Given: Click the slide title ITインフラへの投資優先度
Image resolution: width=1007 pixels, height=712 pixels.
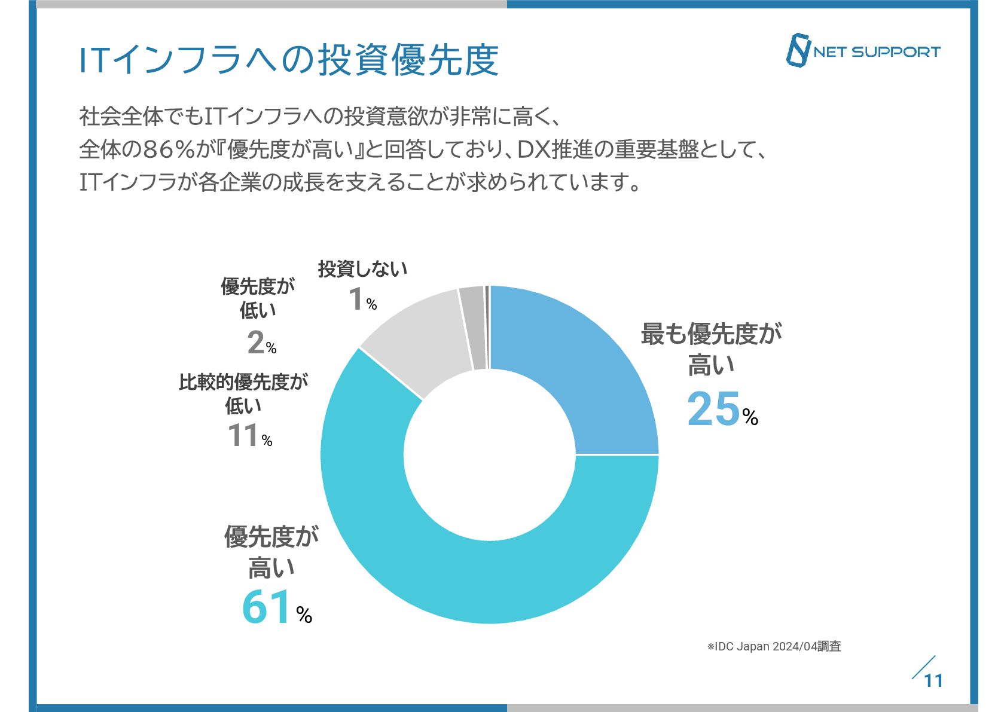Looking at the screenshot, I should coord(289,60).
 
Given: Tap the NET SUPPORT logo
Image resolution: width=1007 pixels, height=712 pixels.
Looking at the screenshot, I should coord(862,51).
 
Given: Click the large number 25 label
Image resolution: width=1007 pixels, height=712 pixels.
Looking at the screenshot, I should coord(714,410).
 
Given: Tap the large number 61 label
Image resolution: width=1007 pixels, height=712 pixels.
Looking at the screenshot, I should coord(267,607).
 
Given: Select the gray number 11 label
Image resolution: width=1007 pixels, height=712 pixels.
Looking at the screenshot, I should coord(243,435).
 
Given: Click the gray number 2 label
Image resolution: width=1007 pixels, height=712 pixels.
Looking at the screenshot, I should coord(255,343).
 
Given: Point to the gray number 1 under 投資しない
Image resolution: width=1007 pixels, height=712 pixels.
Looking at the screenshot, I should coord(356,299).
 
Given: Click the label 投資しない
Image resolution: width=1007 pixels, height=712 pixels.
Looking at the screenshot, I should coord(362,269).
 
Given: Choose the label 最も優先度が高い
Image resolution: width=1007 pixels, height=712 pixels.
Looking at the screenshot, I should coord(711,349).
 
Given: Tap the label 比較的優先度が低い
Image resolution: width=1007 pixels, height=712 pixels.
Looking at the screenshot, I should coord(243,393).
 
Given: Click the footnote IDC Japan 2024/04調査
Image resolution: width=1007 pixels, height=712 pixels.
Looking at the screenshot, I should coord(774,646).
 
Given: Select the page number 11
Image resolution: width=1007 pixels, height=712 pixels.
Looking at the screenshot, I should coord(933,681).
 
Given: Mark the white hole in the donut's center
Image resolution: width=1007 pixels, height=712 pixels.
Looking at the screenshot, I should coord(490,455).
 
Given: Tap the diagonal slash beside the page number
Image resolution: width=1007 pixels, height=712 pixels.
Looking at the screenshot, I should coord(923,668).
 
